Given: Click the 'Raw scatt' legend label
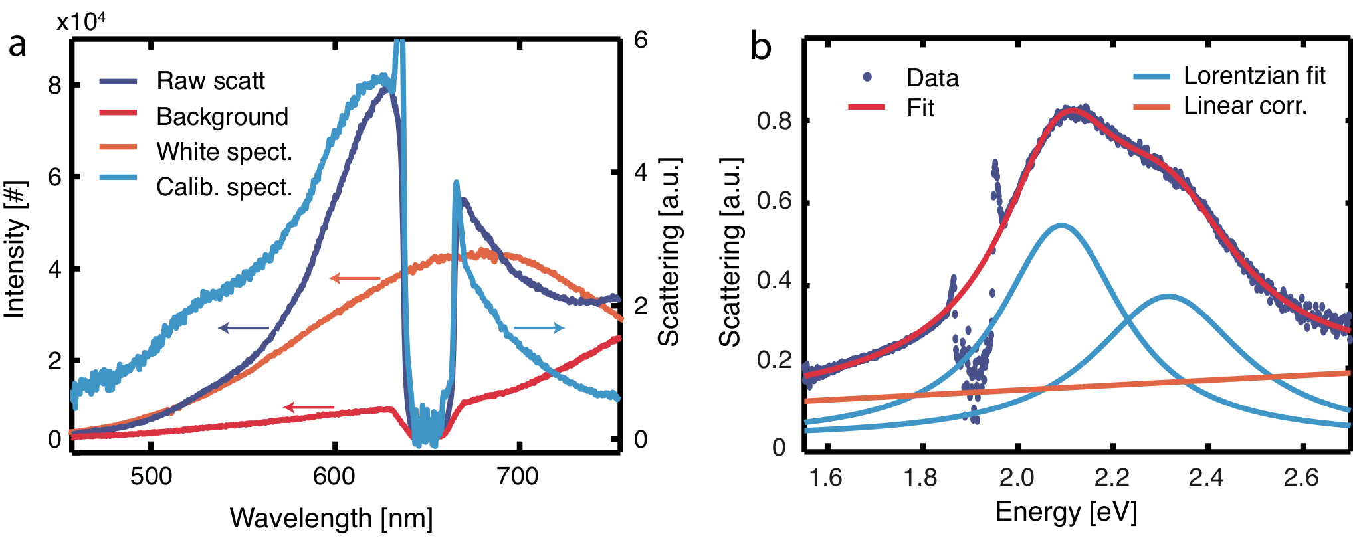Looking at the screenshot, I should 210,81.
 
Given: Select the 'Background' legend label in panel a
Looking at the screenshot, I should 222,117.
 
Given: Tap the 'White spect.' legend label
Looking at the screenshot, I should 224,152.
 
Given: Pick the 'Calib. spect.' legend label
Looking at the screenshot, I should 224,187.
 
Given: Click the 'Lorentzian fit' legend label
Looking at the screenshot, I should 1254,76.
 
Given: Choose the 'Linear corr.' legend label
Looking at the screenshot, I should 1245,106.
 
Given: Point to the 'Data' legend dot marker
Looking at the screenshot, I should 867,77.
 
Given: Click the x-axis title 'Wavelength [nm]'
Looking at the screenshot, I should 331,518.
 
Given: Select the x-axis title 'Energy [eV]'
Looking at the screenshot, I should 1066,512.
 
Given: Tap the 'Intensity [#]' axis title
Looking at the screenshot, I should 15,249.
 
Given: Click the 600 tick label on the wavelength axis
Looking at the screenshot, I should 334,476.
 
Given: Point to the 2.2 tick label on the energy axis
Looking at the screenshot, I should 1112,477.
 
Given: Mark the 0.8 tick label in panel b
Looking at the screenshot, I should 774,121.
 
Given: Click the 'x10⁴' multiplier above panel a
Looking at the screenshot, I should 80,22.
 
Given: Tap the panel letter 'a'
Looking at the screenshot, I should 17,45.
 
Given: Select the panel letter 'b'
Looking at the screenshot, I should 761,47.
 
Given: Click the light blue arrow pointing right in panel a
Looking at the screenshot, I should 539,327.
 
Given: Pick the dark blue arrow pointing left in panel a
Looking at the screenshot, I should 243,327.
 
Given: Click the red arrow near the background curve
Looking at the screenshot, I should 308,406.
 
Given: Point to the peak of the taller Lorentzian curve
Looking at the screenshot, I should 1061,225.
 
